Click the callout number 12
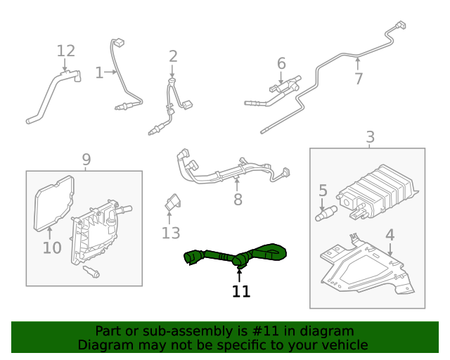click(65, 51)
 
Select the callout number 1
click(99, 72)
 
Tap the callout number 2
click(173, 56)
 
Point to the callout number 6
click(281, 64)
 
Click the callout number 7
click(359, 79)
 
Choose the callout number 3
click(370, 137)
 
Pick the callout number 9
click(86, 160)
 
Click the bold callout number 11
click(241, 291)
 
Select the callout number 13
click(171, 233)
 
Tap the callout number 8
click(238, 200)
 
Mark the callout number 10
click(52, 247)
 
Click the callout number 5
click(323, 191)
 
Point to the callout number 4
click(390, 236)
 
